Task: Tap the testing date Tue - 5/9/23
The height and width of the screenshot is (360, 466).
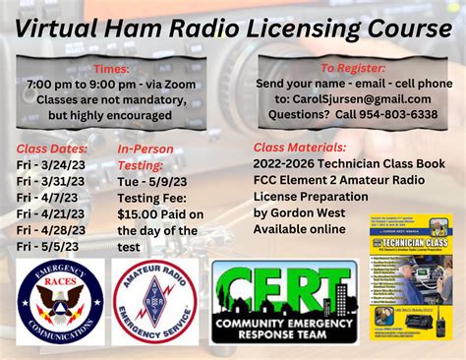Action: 153,181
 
